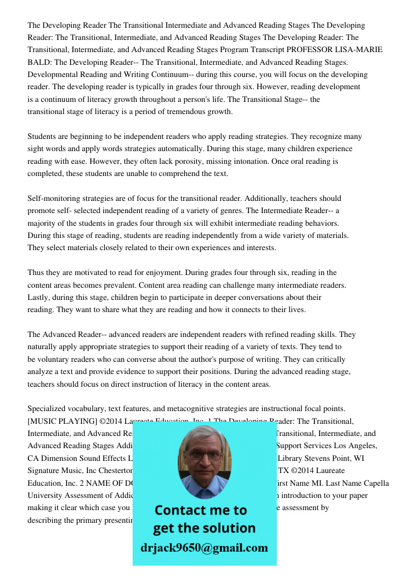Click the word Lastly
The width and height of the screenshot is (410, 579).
(x=39, y=297)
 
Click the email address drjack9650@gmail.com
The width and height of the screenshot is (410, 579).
(x=204, y=548)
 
